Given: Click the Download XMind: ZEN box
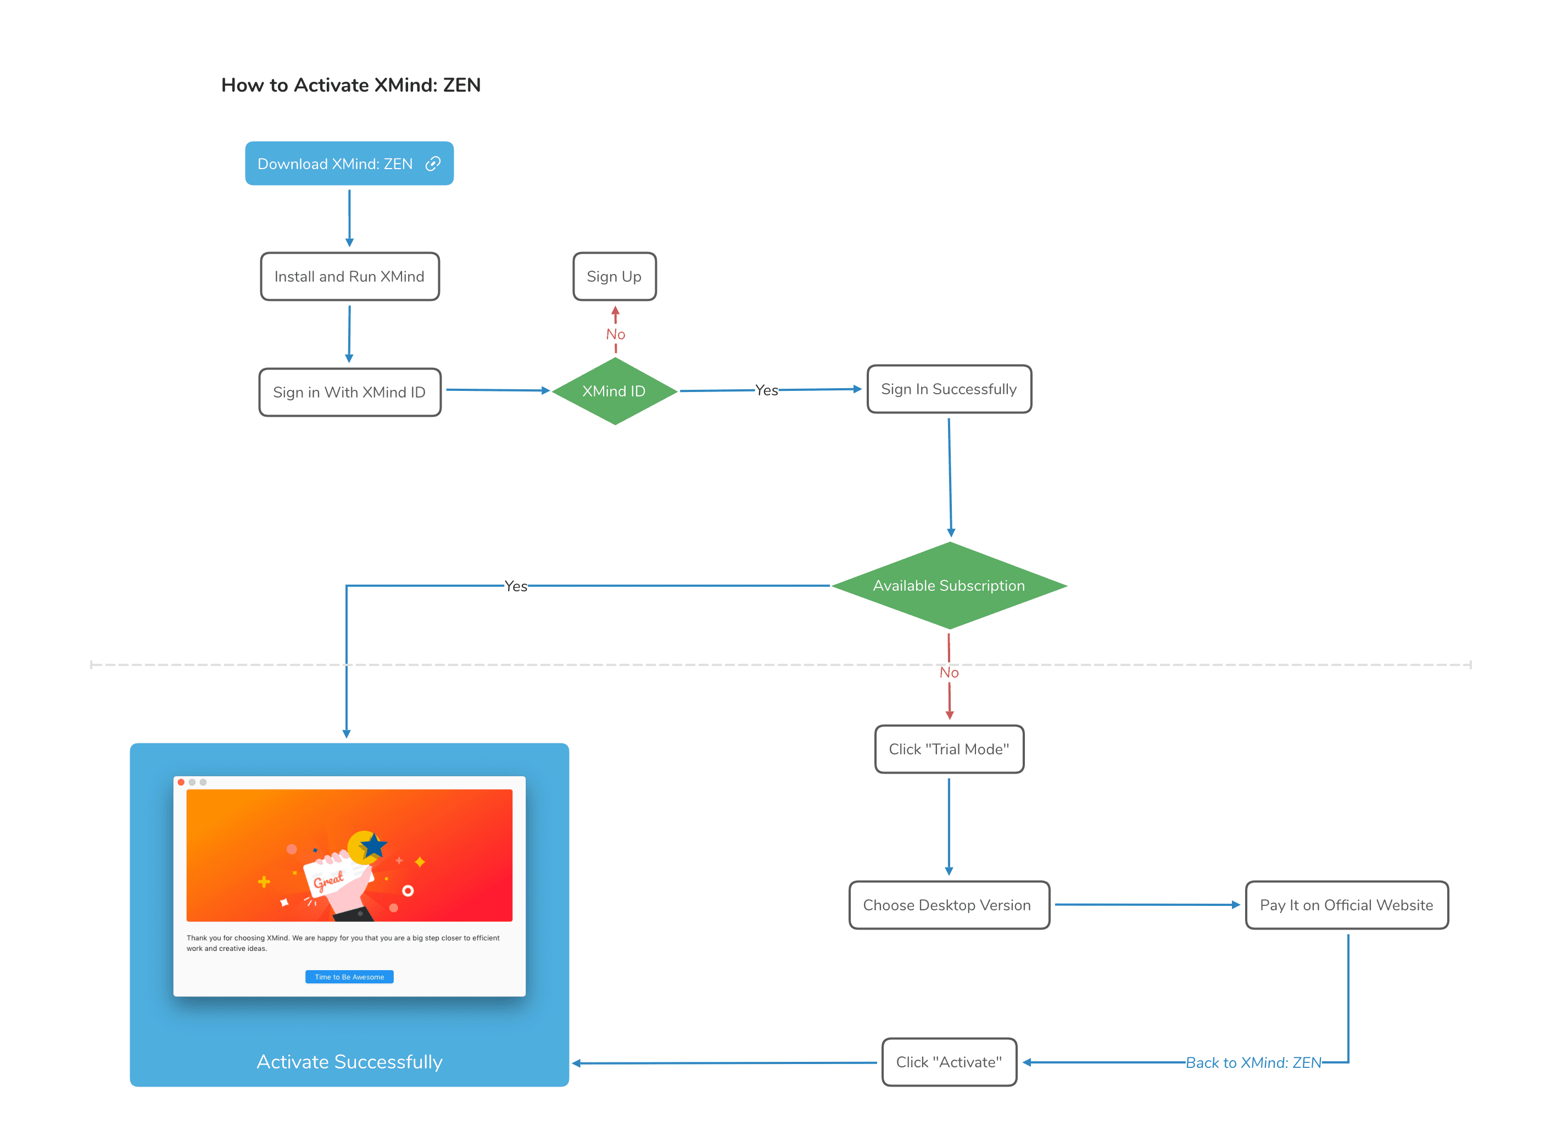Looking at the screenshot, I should click(336, 164).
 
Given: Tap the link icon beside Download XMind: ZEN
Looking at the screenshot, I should click(433, 164).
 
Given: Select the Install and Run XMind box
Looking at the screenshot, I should click(349, 277).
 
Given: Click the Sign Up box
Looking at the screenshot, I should click(614, 277).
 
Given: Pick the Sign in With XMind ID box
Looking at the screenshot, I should click(349, 393).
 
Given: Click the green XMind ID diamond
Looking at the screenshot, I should click(614, 391).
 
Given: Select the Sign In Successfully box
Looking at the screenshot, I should click(949, 389).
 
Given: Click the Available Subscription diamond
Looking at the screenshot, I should click(949, 585).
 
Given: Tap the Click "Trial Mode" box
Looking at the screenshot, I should click(949, 749).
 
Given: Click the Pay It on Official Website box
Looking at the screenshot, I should click(1346, 905).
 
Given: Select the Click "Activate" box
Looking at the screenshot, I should click(949, 1062).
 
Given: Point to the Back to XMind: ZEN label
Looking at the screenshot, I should click(1253, 1063).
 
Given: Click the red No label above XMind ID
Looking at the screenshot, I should click(615, 334).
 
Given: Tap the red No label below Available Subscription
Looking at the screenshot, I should click(949, 673).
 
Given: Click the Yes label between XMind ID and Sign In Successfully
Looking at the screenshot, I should click(766, 390).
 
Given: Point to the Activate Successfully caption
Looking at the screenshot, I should click(349, 1062).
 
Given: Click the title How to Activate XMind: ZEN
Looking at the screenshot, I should click(350, 85).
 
